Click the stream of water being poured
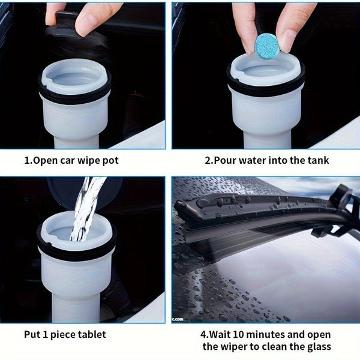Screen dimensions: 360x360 coord(84,210)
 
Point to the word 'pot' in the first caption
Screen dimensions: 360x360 coord(109,160)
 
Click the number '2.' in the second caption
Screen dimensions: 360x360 coord(209,160)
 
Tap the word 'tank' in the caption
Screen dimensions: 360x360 coord(317,160)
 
